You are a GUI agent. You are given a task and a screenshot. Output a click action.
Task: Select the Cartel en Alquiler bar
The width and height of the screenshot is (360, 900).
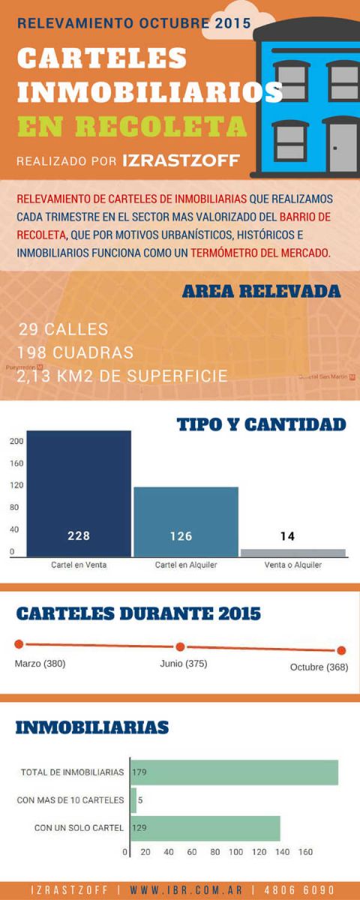[x=186, y=521]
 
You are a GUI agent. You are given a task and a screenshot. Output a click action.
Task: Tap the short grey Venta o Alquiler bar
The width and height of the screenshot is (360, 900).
[x=293, y=553]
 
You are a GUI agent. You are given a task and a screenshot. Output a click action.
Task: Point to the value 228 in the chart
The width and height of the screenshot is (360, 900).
[x=78, y=536]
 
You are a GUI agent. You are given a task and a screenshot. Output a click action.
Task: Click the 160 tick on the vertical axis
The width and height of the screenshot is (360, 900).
[x=15, y=463]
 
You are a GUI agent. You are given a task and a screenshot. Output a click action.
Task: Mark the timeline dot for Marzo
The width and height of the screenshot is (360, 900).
[x=19, y=643]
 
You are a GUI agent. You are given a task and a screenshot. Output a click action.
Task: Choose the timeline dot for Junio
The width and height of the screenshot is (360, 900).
[x=180, y=646]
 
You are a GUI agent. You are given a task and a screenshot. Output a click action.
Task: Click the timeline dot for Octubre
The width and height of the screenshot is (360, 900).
[x=341, y=650]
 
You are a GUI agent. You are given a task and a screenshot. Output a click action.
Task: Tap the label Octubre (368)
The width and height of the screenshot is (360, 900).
[x=319, y=667]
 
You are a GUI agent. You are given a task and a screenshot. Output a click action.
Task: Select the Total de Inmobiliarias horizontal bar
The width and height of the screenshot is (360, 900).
[x=234, y=772]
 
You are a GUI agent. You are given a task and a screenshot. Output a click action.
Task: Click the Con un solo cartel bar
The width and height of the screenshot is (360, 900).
[x=205, y=828]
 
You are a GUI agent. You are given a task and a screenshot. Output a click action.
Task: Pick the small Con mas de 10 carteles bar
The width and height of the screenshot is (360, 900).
[x=133, y=800]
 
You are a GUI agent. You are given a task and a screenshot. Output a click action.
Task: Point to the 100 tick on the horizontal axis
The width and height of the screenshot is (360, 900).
[x=236, y=852]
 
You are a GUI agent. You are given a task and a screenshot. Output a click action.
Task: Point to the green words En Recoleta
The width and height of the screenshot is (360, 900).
[x=132, y=124]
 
